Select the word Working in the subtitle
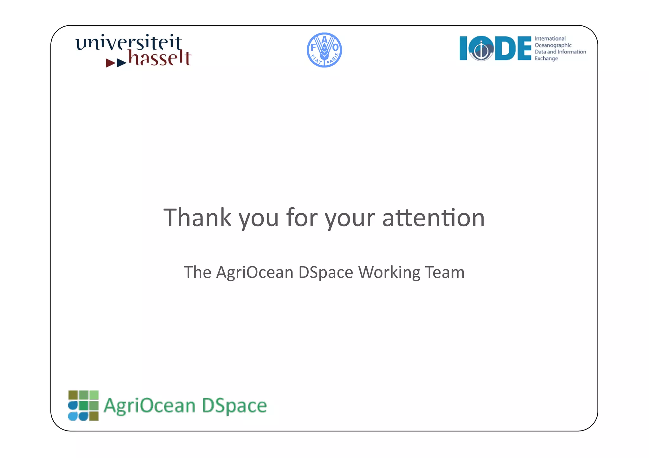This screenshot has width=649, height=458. [x=389, y=272]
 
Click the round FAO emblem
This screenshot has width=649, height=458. [x=324, y=50]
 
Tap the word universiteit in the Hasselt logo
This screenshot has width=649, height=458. [x=129, y=42]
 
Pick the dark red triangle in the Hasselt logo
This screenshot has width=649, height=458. [x=110, y=63]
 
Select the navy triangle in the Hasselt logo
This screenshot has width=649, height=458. [x=121, y=63]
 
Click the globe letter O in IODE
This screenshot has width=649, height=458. [x=481, y=48]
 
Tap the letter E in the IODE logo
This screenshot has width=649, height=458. [x=524, y=48]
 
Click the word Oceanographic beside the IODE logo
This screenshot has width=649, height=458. [x=553, y=45]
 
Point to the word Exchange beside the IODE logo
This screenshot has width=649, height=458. [x=546, y=59]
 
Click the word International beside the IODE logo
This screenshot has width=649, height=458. [x=550, y=39]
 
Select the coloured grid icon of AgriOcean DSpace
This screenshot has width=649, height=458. [x=83, y=405]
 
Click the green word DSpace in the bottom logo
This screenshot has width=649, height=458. [x=234, y=406]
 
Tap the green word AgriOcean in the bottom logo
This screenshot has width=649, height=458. [x=150, y=406]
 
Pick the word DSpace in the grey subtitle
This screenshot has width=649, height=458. [x=325, y=272]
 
